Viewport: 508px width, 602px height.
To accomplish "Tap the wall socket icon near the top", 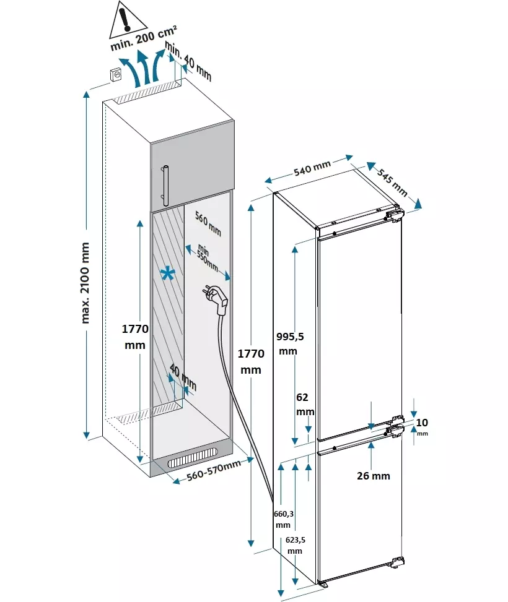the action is point(116,74).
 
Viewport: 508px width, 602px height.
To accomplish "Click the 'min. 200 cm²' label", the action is point(143,38).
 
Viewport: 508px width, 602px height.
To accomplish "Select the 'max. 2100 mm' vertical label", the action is point(85,283).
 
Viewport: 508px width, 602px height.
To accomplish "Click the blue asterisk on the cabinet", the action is point(168,275).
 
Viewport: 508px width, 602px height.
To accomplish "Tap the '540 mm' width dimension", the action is point(312,168).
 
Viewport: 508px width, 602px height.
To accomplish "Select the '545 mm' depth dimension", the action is point(392,182).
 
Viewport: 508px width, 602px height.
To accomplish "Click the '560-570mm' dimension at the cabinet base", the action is point(214,470).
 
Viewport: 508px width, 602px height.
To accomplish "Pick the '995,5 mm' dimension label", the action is point(289,343).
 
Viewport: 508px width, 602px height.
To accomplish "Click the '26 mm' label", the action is point(374,476).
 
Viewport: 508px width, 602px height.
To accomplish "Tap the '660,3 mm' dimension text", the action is point(283,519).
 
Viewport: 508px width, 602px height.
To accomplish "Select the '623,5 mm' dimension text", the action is point(295,545).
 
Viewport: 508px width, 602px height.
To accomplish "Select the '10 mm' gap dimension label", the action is point(422,426).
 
